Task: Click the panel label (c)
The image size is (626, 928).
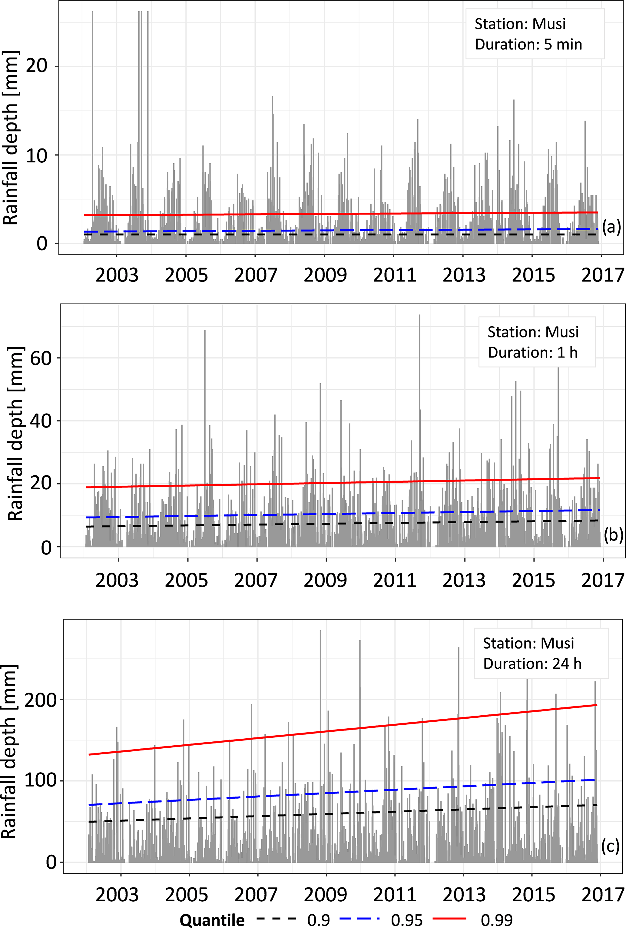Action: click(610, 846)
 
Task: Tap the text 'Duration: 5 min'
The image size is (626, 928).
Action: click(528, 44)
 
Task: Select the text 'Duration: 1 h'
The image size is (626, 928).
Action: click(533, 353)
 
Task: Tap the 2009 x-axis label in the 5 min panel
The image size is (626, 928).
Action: click(325, 275)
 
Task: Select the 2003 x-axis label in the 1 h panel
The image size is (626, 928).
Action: click(117, 580)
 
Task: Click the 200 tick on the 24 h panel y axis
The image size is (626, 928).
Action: click(41, 700)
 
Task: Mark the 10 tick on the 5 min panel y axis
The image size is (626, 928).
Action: click(37, 155)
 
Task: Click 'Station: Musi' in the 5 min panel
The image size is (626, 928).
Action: click(520, 24)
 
